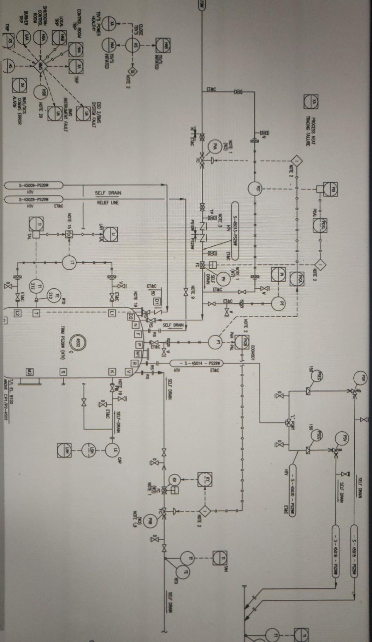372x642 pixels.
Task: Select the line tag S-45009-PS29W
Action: point(34,185)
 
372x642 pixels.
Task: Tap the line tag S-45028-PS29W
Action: point(34,199)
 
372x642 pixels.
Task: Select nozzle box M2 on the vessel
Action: point(30,371)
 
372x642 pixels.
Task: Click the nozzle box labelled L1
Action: point(112,313)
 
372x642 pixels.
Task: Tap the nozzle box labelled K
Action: point(112,371)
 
